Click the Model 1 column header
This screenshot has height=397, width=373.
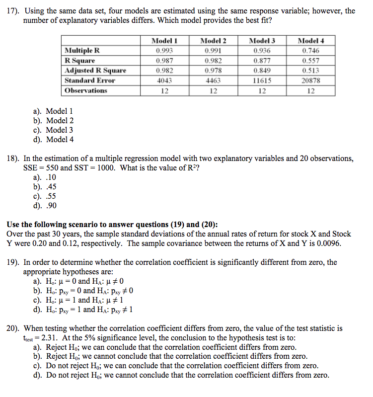pyautogui.click(x=164, y=41)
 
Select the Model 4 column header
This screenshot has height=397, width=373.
pyautogui.click(x=310, y=41)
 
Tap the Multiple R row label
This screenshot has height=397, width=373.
pyautogui.click(x=82, y=50)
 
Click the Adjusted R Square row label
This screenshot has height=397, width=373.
pyautogui.click(x=95, y=70)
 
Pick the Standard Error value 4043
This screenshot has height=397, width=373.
pyautogui.click(x=164, y=80)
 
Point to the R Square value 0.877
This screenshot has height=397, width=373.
pyautogui.click(x=262, y=60)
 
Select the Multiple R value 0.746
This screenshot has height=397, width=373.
pyautogui.click(x=310, y=50)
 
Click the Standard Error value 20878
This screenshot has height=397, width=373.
pyautogui.click(x=310, y=80)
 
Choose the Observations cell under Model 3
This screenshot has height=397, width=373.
pyautogui.click(x=262, y=90)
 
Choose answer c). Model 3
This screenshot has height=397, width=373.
pyautogui.click(x=53, y=130)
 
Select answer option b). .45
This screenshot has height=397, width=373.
pyautogui.click(x=44, y=187)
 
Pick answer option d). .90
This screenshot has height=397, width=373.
pyautogui.click(x=44, y=205)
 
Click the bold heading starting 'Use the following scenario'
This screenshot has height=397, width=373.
pyautogui.click(x=112, y=224)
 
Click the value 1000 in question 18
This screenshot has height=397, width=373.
pyautogui.click(x=106, y=168)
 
